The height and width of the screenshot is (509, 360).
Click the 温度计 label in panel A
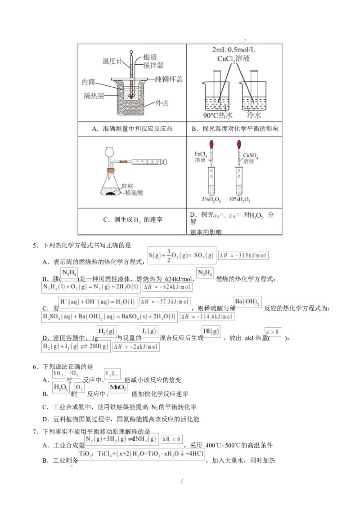pyautogui.click(x=112, y=61)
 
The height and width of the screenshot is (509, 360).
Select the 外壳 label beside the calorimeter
pyautogui.click(x=162, y=103)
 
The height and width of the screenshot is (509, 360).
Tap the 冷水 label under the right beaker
pyautogui.click(x=254, y=116)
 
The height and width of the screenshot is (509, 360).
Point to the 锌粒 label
pyautogui.click(x=129, y=185)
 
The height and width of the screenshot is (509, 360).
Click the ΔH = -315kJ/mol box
pyautogui.click(x=243, y=255)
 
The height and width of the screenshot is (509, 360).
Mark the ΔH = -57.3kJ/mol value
pyautogui.click(x=165, y=301)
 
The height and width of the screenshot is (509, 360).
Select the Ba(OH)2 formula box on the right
pyautogui.click(x=246, y=301)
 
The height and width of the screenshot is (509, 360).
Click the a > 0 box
pyautogui.click(x=273, y=332)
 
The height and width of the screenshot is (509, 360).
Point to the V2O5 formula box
pyautogui.click(x=112, y=374)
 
